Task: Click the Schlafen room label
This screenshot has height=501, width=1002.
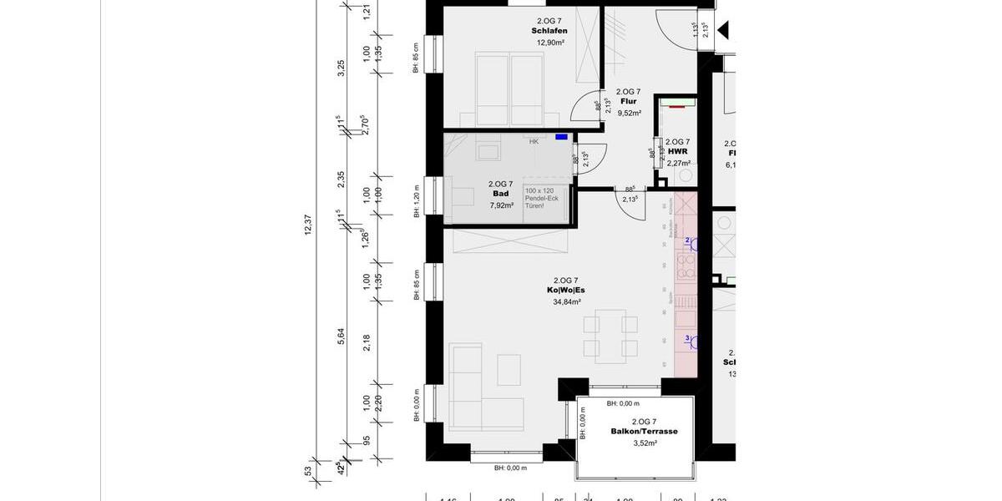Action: (549, 31)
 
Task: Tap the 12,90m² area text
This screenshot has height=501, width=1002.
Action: (549, 43)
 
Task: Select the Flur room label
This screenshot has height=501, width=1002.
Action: (628, 102)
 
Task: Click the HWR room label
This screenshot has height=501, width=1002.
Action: (677, 153)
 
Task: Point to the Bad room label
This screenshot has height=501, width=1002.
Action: (500, 194)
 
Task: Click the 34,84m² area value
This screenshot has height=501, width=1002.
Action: (565, 301)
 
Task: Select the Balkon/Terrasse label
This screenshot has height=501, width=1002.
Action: (644, 432)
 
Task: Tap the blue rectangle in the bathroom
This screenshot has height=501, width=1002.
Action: (561, 137)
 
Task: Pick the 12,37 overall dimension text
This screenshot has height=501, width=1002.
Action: (308, 225)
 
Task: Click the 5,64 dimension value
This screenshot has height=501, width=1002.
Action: (341, 334)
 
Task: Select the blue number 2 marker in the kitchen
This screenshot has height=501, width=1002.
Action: (687, 240)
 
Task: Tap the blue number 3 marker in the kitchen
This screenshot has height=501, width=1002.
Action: (687, 338)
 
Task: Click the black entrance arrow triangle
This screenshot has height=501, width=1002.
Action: (723, 32)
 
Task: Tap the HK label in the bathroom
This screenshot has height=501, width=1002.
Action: (534, 142)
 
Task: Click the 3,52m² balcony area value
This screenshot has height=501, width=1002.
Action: (644, 443)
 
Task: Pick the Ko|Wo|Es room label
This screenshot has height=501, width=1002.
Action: (565, 291)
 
